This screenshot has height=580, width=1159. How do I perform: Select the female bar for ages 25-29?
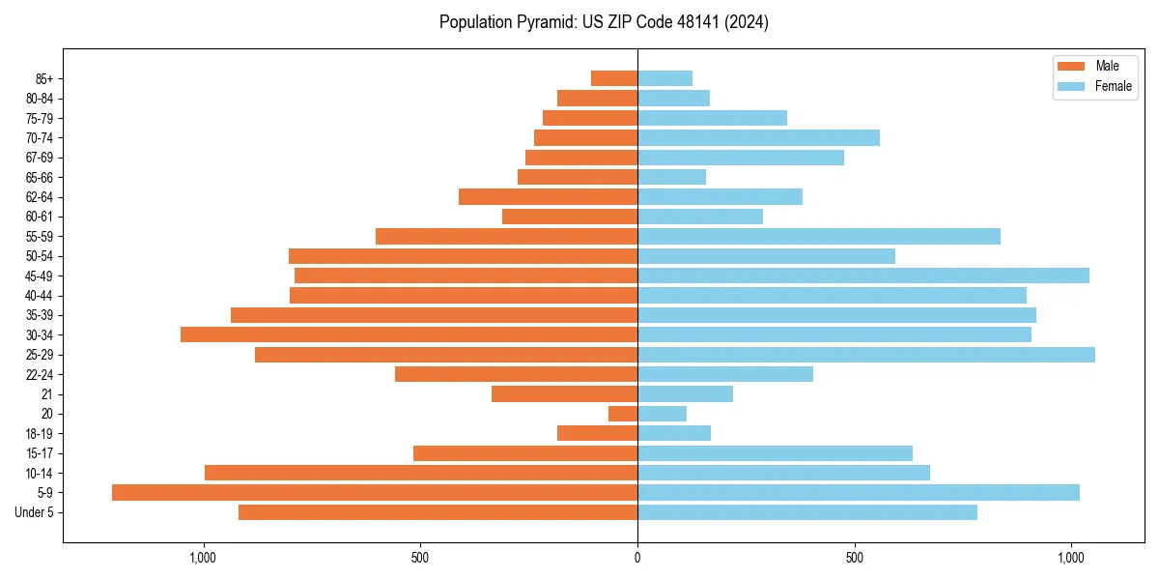[866, 355]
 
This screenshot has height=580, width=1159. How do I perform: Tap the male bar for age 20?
[623, 414]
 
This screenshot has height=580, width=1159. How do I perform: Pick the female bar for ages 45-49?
[863, 275]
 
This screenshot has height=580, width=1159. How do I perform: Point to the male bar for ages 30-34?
[409, 334]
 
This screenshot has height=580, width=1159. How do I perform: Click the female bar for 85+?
[664, 78]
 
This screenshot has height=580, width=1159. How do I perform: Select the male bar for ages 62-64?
[548, 197]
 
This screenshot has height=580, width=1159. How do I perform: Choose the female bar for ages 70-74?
[758, 137]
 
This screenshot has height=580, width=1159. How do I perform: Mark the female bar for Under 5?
[807, 512]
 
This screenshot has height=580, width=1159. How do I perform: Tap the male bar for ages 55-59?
[506, 236]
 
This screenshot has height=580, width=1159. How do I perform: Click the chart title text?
[604, 22]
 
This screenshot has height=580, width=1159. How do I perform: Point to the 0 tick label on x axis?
[637, 558]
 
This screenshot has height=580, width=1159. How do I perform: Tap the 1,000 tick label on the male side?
[203, 558]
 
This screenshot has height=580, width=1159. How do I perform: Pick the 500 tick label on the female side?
[854, 558]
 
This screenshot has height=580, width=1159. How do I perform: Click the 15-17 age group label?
[40, 453]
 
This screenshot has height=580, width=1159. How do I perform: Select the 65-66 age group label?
[40, 177]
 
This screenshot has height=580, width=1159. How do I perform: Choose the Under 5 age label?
[35, 512]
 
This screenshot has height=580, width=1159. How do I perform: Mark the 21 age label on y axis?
[47, 394]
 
